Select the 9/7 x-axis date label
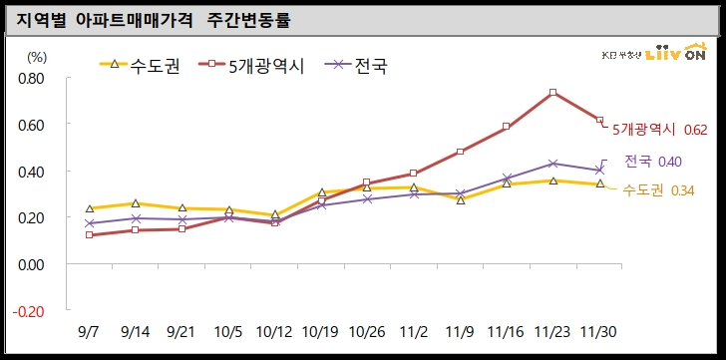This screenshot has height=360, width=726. coord(90,331)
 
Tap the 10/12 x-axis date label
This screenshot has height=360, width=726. coord(273,331)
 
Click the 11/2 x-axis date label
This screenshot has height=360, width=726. coord(413,331)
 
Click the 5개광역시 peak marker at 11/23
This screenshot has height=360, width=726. coord(552,93)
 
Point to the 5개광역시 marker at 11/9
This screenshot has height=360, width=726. coord(460,152)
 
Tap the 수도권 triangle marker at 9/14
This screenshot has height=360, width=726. coord(136,203)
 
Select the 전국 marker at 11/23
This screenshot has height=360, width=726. coord(552,164)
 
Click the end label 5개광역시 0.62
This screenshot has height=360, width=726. coord(659,130)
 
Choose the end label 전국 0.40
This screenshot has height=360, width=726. coord(653,162)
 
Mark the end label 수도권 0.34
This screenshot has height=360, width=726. coord(657,190)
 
